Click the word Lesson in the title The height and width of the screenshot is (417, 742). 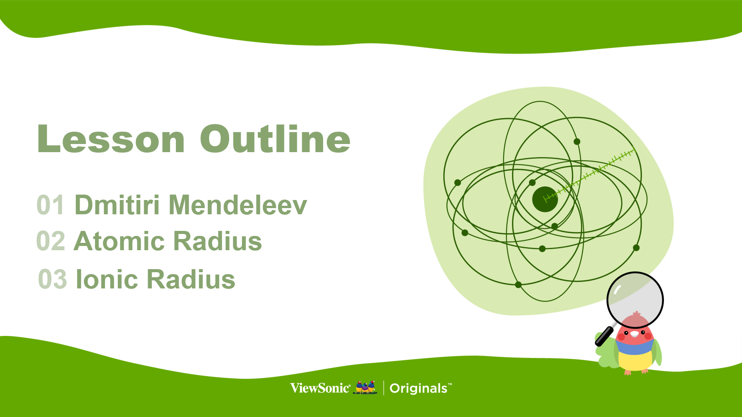click(x=111, y=139)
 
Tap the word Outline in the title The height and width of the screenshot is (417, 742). click(x=275, y=139)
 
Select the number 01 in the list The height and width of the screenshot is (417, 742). click(x=50, y=205)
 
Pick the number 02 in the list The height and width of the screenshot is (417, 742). click(x=51, y=241)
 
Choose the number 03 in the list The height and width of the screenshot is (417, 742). click(x=53, y=279)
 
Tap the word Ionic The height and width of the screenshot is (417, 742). click(x=107, y=279)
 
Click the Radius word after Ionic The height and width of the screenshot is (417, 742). click(x=191, y=279)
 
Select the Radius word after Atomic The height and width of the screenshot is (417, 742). click(x=218, y=241)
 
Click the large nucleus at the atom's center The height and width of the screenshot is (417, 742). click(x=545, y=199)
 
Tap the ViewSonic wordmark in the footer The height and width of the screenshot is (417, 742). click(x=320, y=388)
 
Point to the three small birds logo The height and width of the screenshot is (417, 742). click(x=365, y=387)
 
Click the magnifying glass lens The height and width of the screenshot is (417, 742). click(x=635, y=300)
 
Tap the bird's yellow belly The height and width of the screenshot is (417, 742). click(x=635, y=361)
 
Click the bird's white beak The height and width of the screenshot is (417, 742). click(x=635, y=334)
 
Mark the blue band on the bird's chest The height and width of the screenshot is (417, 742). click(x=635, y=347)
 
